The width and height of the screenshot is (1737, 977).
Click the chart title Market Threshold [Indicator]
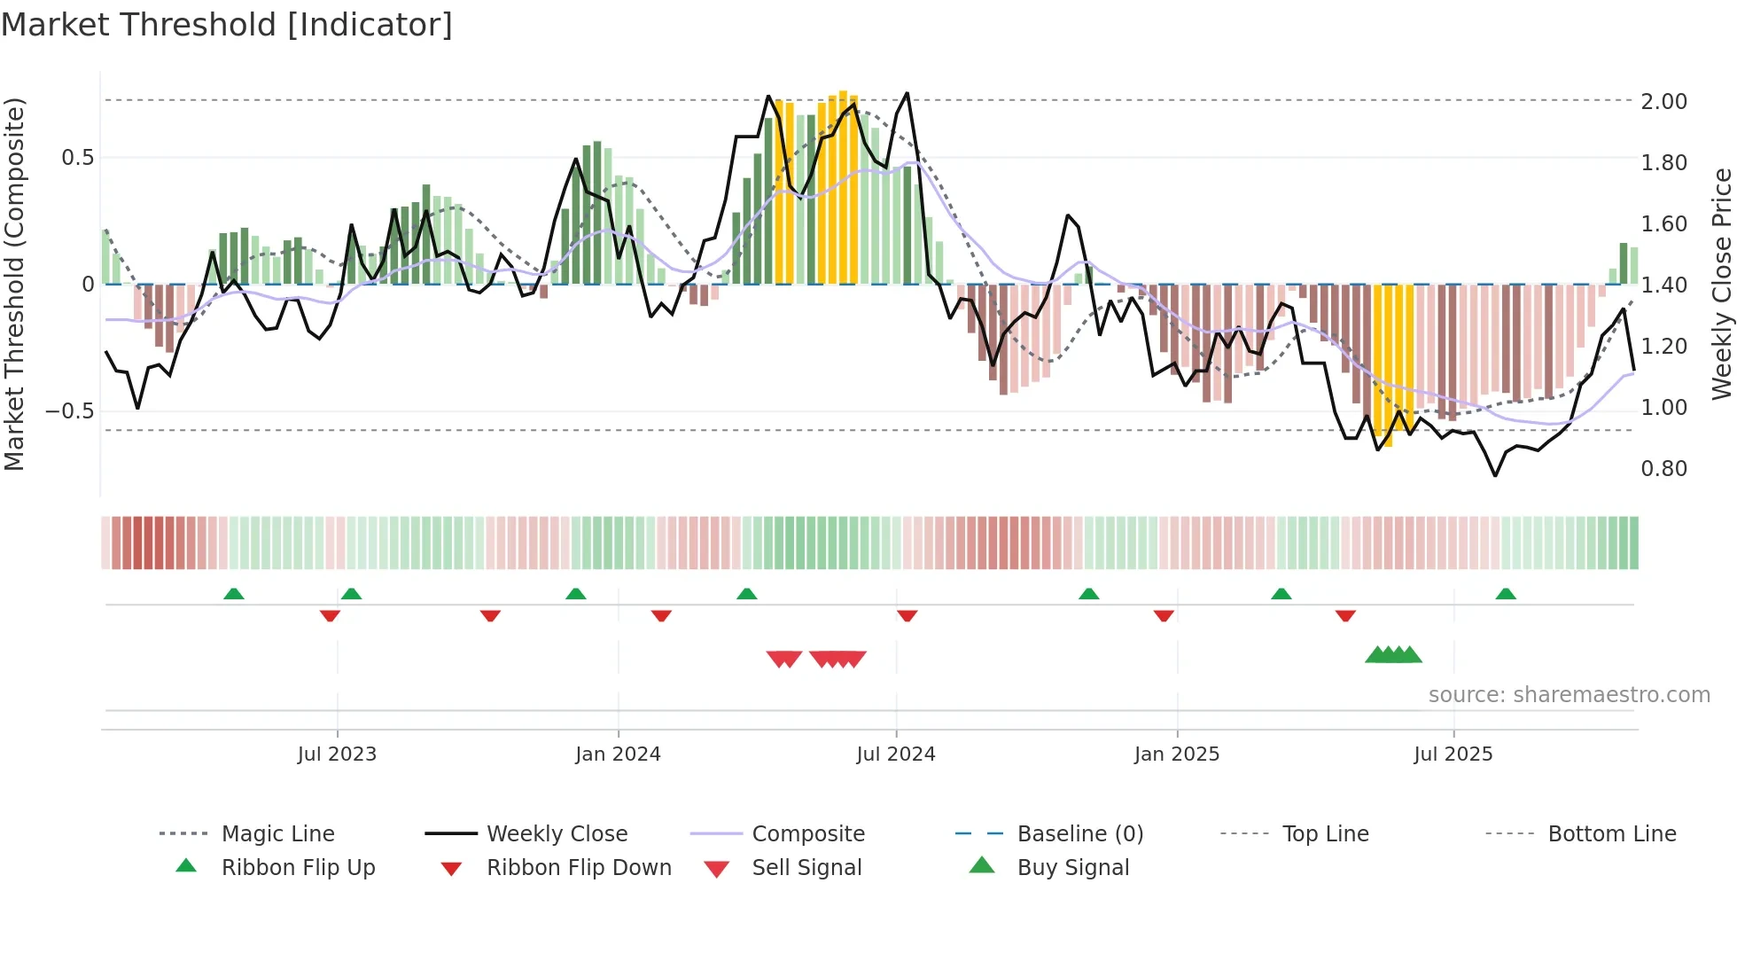227,25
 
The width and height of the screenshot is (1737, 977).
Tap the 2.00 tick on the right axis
1663,102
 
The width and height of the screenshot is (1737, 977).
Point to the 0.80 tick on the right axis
1663,469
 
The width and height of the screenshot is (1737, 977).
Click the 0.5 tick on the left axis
77,158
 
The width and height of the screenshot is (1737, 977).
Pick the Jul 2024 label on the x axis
895,754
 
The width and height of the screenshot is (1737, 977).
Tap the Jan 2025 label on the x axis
1176,754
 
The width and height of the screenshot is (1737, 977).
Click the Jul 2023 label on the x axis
337,754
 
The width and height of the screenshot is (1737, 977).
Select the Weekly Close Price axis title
1721,284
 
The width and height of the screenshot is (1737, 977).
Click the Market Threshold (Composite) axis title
14,284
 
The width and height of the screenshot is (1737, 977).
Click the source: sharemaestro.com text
1569,695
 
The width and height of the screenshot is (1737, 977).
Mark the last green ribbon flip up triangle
1506,594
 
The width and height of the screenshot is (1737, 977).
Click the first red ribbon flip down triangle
330,615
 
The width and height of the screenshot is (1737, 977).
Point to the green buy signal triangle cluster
1393,655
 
